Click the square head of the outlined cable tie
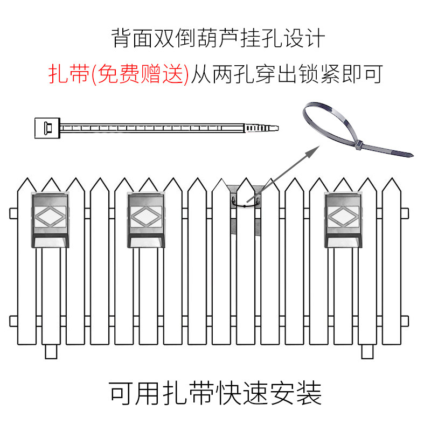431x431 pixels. tap(45, 128)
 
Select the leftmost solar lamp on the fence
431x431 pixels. tap(52, 220)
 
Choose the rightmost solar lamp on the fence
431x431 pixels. tap(344, 220)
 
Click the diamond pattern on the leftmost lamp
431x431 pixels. tap(52, 217)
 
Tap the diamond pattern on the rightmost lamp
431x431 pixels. tap(344, 217)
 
